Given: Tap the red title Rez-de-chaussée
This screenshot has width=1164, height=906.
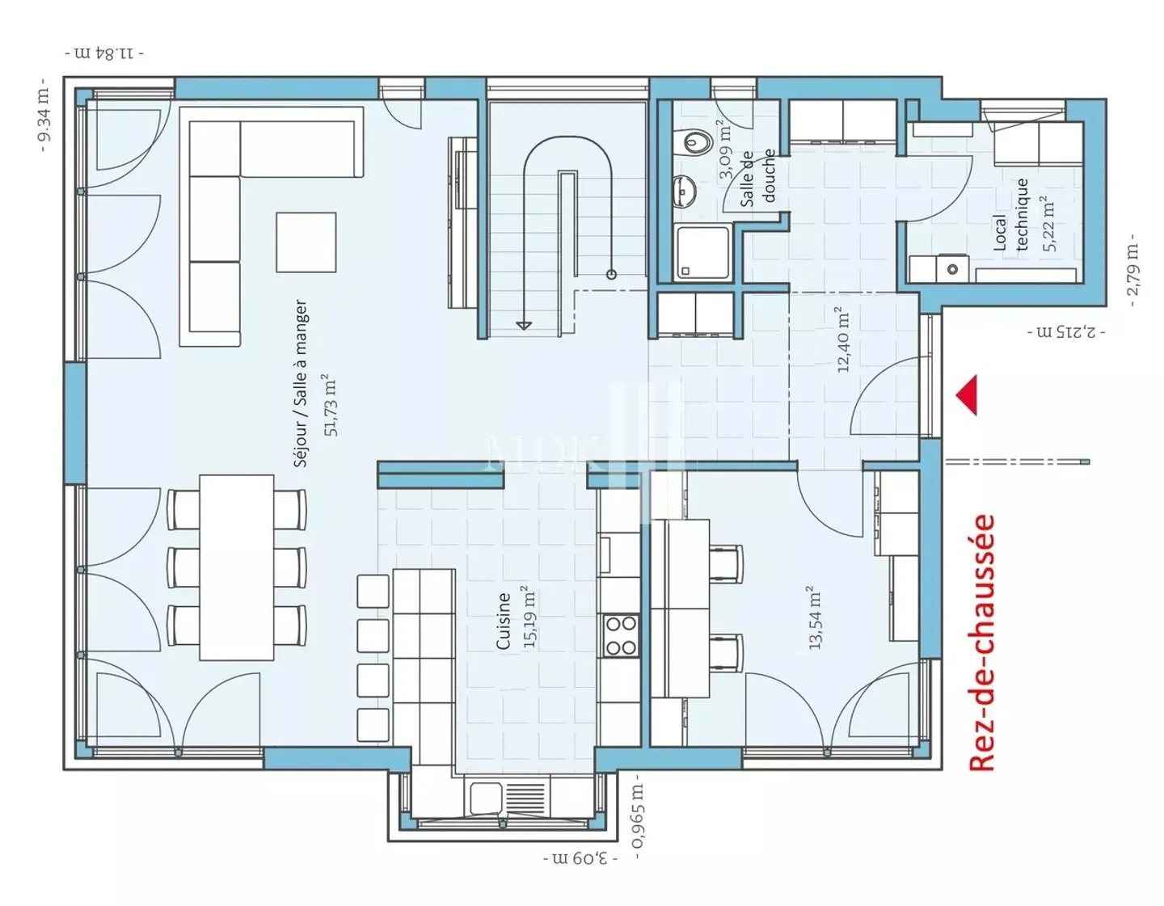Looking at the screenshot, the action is point(983,643).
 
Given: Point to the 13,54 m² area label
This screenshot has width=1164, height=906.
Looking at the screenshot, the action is point(814,617).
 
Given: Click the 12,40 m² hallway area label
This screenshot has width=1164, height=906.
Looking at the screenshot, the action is point(843,339).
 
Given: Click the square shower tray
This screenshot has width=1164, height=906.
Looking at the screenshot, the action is point(702,252).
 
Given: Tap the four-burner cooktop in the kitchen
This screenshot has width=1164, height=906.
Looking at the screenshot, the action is point(621,635).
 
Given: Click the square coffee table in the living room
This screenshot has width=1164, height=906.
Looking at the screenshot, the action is point(306,242).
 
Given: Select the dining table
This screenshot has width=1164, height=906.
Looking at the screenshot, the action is point(236,567).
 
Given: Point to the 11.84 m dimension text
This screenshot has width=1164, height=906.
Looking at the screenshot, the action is point(104,53).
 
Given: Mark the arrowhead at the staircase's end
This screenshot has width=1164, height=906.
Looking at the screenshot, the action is point(523,325).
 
